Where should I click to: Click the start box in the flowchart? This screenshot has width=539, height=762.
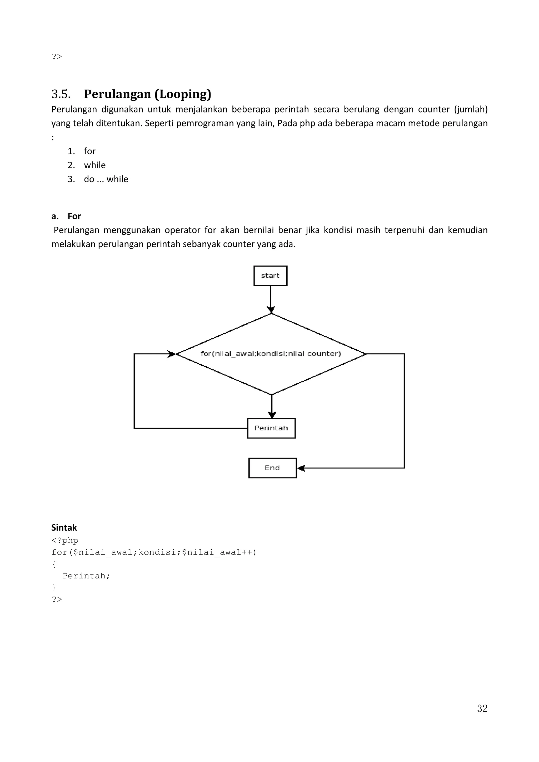click(270, 276)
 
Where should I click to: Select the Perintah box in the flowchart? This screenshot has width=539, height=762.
click(271, 428)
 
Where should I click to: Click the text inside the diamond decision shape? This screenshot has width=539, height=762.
click(271, 354)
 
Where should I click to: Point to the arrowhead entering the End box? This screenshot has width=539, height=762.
click(301, 468)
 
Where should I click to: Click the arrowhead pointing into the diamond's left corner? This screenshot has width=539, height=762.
click(171, 354)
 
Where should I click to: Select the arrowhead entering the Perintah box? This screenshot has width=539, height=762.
click(272, 415)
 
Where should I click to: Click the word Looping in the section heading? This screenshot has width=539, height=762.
click(183, 94)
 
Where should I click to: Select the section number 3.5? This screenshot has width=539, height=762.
click(61, 94)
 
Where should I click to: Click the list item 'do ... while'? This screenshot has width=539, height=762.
click(106, 179)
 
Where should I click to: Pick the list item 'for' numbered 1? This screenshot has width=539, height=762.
click(90, 151)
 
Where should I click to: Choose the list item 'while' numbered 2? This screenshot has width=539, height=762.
click(95, 165)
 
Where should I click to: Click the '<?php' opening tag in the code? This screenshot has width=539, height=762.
click(65, 540)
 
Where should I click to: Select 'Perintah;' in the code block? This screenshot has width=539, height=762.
click(86, 576)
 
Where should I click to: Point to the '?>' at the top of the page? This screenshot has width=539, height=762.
click(57, 57)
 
